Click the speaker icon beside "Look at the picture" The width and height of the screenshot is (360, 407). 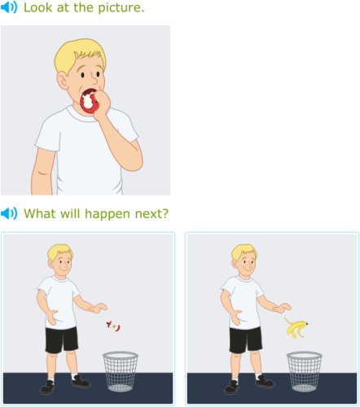(9, 7)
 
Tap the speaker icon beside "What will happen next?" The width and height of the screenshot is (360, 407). (9, 214)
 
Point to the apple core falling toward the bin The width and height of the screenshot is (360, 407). (113, 326)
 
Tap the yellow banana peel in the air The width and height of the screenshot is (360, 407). (296, 327)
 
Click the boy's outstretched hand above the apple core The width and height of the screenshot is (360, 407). (99, 308)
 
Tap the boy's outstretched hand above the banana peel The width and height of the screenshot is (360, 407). (283, 308)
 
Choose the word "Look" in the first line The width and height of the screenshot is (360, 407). (37, 7)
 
